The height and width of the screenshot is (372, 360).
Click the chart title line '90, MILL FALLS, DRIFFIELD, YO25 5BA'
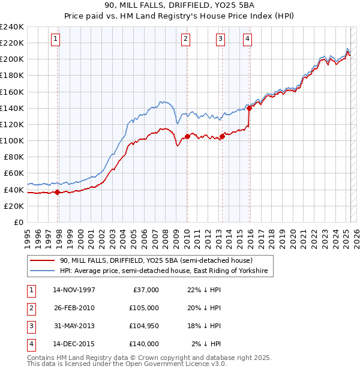pos(179,5)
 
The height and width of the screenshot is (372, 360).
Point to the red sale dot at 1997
pos(58,192)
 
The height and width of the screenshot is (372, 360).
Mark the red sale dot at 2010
pos(187,136)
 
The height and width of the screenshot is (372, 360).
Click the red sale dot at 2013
pos(222,136)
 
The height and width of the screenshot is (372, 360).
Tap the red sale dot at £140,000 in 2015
pos(249,108)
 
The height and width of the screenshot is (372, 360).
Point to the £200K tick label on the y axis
pos(12,59)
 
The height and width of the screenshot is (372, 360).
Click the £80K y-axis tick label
pos(14,157)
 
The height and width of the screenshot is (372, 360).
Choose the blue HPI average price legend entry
pos(166,272)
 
